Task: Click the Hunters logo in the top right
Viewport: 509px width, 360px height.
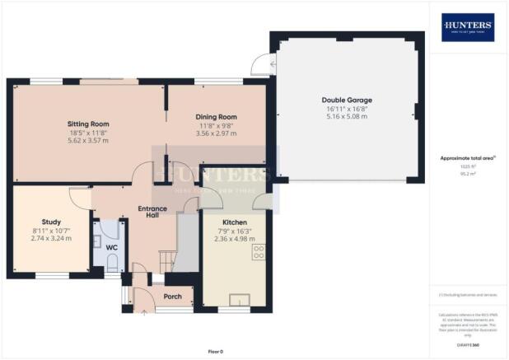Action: point(468,26)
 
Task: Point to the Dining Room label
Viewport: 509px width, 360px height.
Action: point(216,117)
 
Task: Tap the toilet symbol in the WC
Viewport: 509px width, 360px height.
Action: point(113,263)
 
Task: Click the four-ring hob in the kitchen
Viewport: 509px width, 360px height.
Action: point(259,252)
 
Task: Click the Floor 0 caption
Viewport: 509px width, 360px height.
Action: point(216,351)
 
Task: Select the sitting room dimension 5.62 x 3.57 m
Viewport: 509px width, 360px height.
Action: point(88,140)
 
